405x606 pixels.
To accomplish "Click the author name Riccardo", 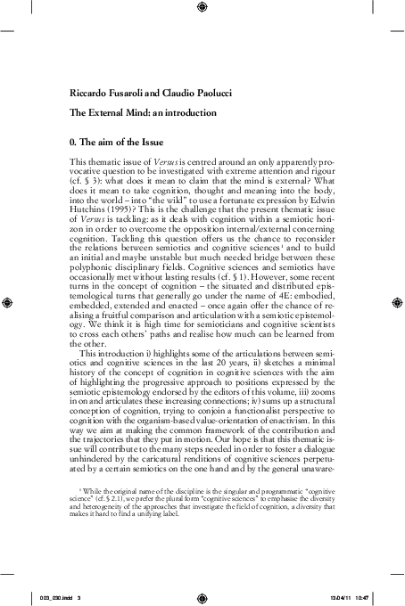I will pos(85,92).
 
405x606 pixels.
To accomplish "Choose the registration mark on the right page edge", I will pos(395,303).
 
